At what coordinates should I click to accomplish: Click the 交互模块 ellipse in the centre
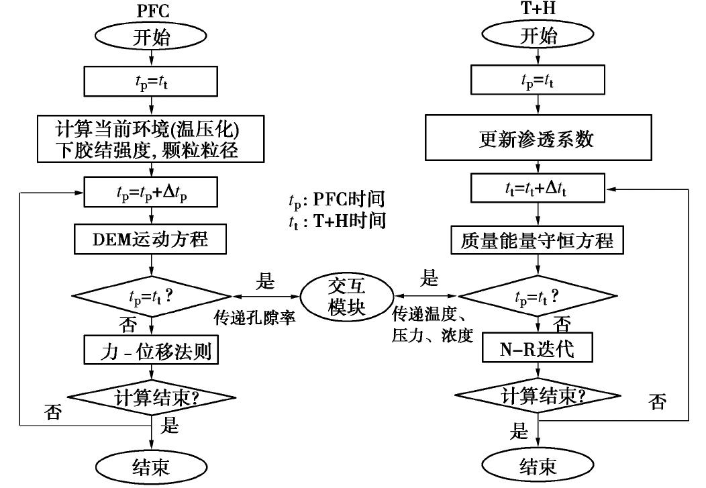pyautogui.click(x=345, y=295)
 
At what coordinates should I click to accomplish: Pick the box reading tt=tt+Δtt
pyautogui.click(x=538, y=191)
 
